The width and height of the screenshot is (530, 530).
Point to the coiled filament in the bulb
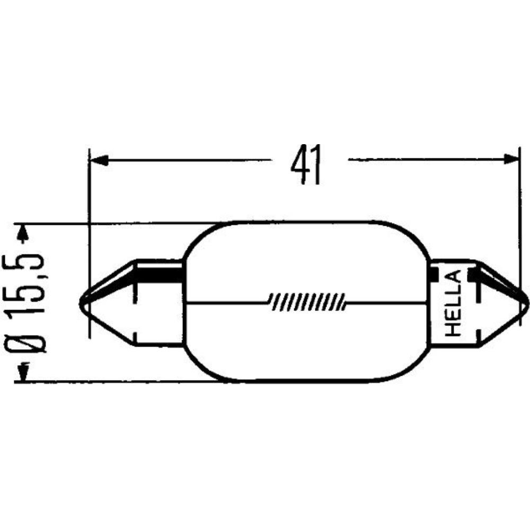pos(307,301)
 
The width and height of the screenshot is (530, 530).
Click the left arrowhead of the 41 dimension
pos(99,159)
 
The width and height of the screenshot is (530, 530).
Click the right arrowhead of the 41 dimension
pos(510,159)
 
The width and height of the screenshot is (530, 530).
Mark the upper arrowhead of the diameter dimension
pos(22,232)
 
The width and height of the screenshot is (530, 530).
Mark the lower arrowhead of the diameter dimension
pos(22,373)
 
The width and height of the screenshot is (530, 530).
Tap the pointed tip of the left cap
pos(81,304)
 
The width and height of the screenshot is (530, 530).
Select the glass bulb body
pos(307,265)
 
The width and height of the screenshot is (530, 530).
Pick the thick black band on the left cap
pos(159,275)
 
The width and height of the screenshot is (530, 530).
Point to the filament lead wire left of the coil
pos(228,303)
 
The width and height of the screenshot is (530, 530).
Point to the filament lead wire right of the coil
pos(387,302)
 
